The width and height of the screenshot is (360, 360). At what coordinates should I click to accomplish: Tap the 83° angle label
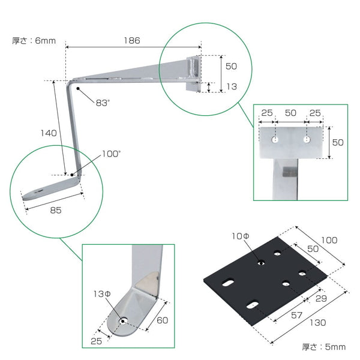tap(103, 103)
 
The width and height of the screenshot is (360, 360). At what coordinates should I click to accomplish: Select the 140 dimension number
tap(49, 133)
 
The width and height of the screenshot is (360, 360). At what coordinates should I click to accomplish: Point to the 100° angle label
tap(111, 154)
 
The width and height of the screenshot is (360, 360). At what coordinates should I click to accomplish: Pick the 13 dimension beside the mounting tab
tap(232, 86)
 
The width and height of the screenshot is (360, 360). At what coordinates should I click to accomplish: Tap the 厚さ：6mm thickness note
tap(34, 41)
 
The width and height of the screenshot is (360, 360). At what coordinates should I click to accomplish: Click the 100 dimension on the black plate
tap(329, 240)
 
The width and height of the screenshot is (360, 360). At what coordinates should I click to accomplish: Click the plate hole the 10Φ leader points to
tap(262, 262)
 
